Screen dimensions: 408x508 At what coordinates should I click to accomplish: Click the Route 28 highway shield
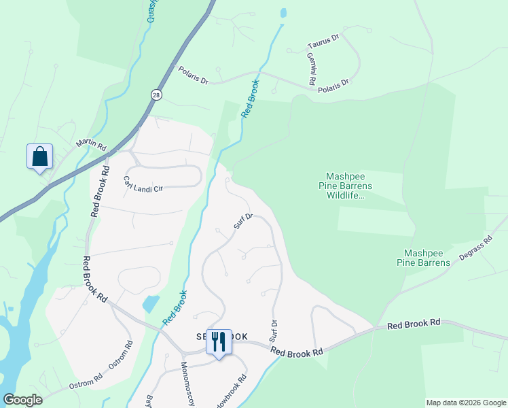point(157,95)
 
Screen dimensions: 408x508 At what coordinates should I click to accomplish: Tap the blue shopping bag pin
point(40,156)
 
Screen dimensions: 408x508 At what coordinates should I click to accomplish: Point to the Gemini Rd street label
point(311,69)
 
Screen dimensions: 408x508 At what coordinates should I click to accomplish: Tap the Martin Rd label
point(92,146)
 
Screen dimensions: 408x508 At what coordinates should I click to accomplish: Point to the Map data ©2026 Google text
point(465,403)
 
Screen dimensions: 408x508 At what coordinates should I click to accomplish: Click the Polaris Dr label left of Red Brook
point(194,75)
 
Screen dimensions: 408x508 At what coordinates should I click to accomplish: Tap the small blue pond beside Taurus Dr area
point(283,13)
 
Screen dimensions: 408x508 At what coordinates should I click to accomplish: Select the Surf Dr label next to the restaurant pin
point(274,331)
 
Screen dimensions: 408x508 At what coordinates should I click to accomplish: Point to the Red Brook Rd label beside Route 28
point(98,191)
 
